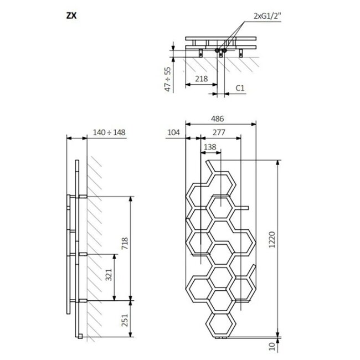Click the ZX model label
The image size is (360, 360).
tap(71, 16)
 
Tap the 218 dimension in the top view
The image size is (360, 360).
tap(202, 79)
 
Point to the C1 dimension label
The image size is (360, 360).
tap(240, 87)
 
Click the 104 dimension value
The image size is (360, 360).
tap(174, 133)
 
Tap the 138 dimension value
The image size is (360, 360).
tap(210, 146)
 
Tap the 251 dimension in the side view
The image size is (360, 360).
tap(125, 318)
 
